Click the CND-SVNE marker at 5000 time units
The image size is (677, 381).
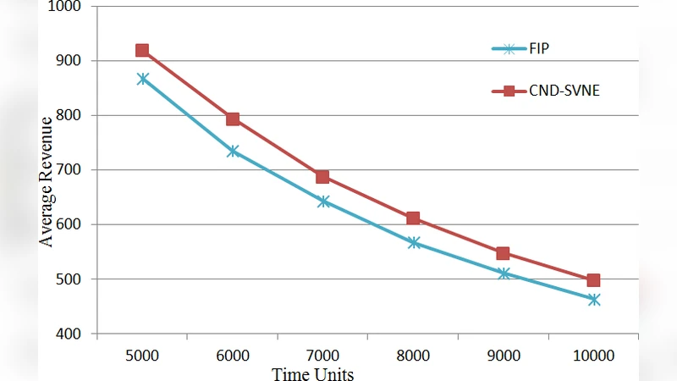point(142,51)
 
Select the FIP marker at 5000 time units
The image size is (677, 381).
point(142,79)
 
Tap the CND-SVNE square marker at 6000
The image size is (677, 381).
point(233,119)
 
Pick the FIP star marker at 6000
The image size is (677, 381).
point(233,151)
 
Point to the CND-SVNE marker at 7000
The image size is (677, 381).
point(322,177)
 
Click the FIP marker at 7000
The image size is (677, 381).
point(322,202)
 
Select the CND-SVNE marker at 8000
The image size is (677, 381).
point(413,218)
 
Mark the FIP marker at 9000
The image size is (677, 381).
point(504,273)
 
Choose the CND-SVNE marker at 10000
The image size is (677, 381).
point(593,280)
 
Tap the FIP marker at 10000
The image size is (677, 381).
point(593,300)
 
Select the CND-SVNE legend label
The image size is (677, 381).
point(566,91)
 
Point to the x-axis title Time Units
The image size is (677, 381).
point(312,373)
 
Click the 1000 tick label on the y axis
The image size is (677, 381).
point(66,7)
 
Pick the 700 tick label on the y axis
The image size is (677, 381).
point(69,170)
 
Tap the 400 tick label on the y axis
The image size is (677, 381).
point(69,334)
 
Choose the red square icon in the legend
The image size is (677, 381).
point(509,91)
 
